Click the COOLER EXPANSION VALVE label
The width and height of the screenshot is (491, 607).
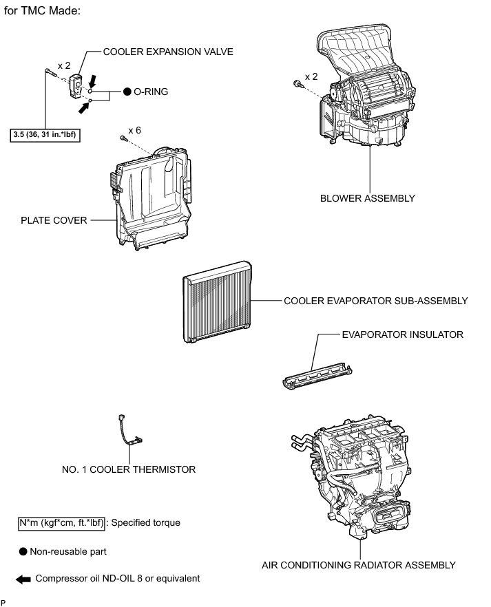(168, 52)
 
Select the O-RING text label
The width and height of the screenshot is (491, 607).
(151, 91)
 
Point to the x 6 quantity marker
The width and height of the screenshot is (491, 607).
(135, 129)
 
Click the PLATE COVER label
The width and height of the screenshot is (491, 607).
(54, 221)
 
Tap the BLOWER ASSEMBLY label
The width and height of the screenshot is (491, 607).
(368, 198)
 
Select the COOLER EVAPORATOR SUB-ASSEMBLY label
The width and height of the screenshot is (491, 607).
(375, 301)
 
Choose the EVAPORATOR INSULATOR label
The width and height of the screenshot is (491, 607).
(402, 334)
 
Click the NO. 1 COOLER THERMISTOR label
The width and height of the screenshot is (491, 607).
(129, 469)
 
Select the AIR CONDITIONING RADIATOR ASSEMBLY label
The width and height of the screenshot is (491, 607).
(359, 565)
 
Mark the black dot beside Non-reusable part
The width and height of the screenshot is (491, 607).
(23, 551)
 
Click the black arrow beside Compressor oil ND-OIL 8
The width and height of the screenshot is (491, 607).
(23, 579)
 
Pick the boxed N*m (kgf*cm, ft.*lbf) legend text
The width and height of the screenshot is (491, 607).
(61, 523)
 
